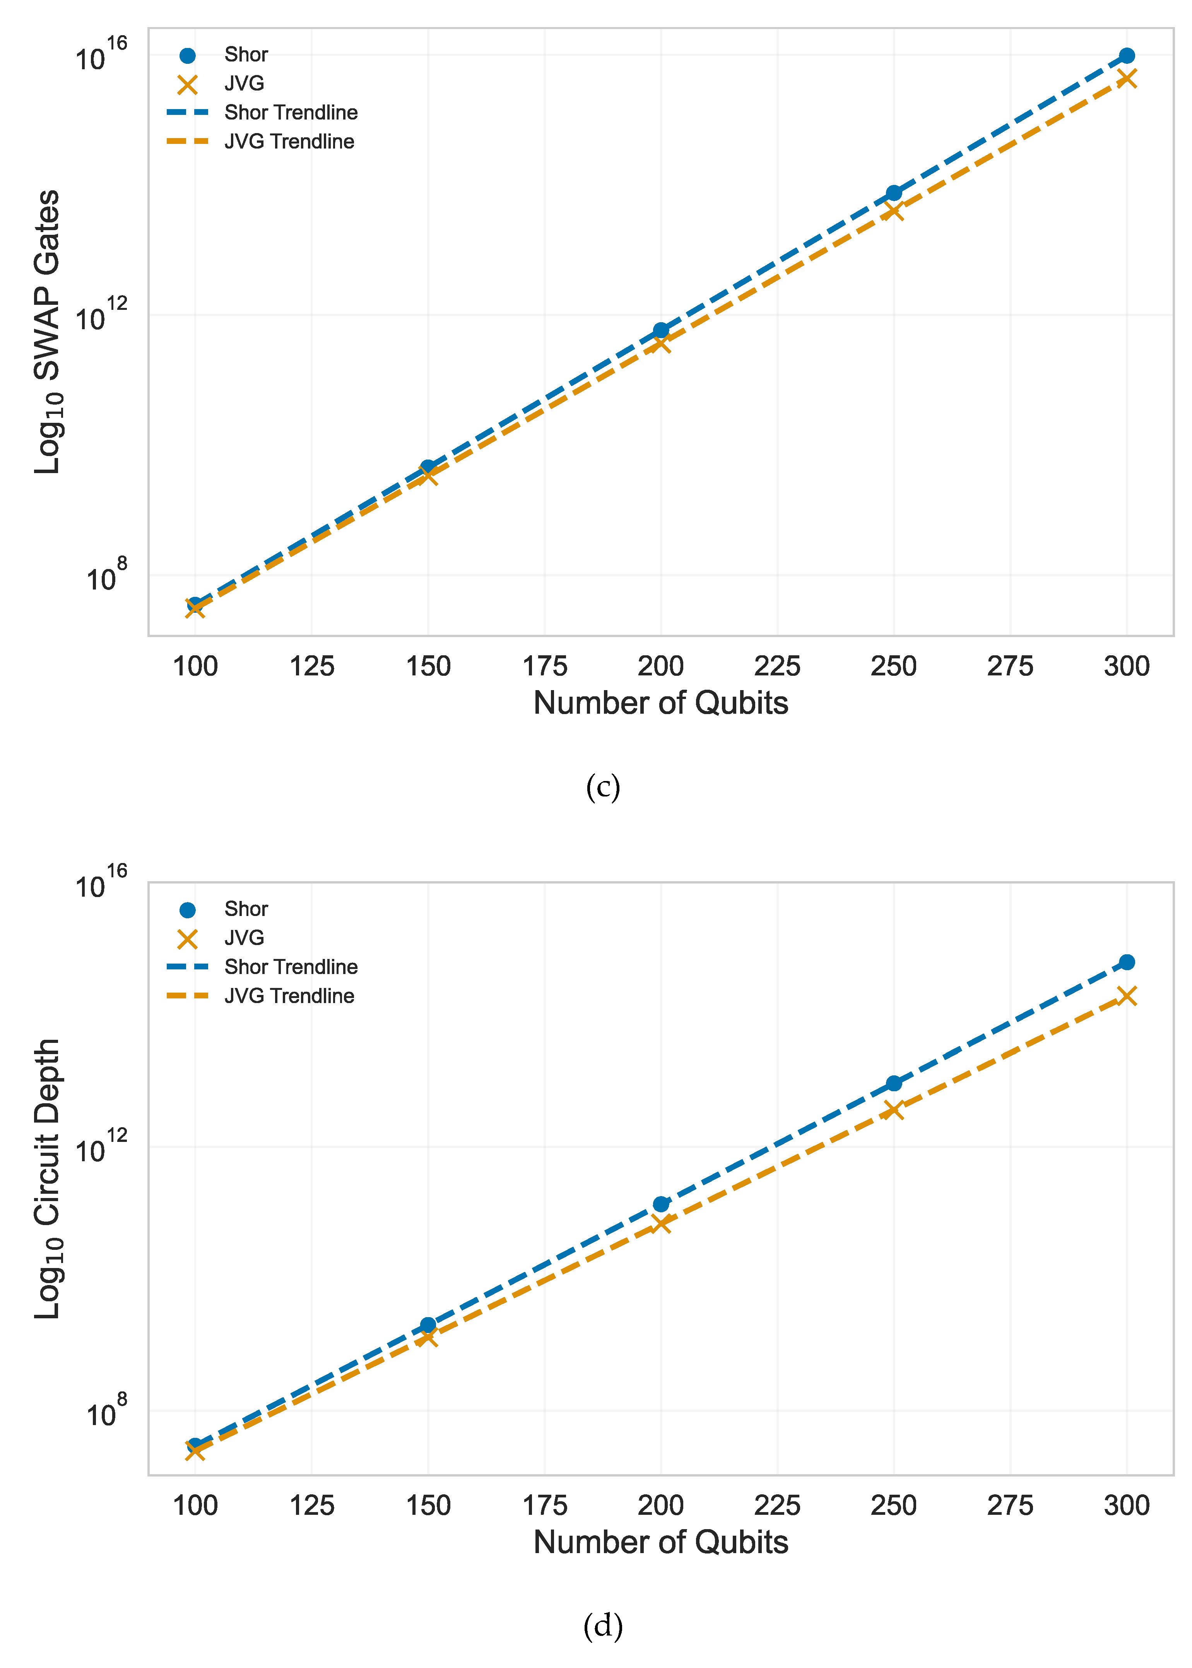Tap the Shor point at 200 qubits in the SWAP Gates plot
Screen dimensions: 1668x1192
[x=660, y=330]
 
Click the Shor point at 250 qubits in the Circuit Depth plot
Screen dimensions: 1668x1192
[x=893, y=1083]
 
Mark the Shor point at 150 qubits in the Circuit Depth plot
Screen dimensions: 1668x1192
[x=428, y=1324]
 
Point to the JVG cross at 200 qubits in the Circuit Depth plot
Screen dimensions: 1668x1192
[x=660, y=1223]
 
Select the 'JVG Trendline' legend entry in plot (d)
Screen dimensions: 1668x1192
[x=289, y=996]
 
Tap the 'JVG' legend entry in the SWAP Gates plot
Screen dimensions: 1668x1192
[x=244, y=84]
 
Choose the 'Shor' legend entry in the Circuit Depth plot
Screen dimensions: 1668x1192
[x=246, y=909]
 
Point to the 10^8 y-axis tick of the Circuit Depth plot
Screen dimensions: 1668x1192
[x=106, y=1412]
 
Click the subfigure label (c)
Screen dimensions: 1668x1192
[x=603, y=788]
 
